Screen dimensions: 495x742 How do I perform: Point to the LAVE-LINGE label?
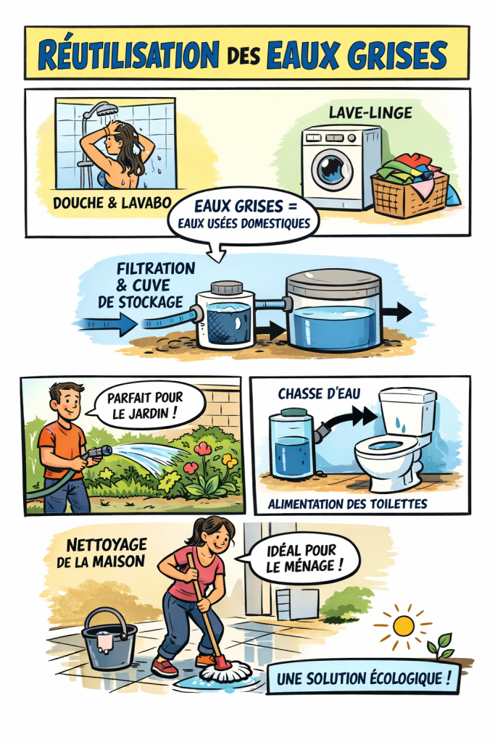(370, 112)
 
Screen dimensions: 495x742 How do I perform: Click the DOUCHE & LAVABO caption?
(112, 203)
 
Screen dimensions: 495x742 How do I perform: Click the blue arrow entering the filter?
(107, 324)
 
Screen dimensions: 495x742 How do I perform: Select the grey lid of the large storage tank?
(333, 283)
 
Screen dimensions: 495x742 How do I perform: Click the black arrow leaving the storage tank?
(396, 312)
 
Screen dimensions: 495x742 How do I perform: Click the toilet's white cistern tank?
(407, 412)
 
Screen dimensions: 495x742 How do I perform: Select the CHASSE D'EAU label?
(319, 393)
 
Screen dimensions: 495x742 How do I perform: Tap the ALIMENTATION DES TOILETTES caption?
(347, 504)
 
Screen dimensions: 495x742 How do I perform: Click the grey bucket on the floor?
(109, 640)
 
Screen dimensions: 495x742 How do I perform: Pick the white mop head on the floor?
(225, 671)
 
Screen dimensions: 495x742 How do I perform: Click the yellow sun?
(403, 625)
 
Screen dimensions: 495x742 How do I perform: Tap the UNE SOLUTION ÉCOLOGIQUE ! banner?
(363, 679)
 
